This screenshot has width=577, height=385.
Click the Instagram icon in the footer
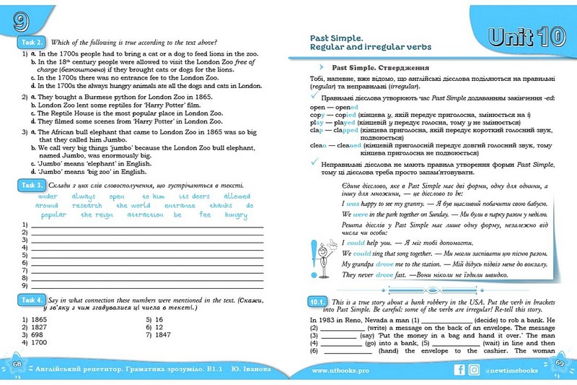click(x=473, y=370)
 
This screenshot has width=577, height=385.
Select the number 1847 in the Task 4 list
click(x=163, y=334)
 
